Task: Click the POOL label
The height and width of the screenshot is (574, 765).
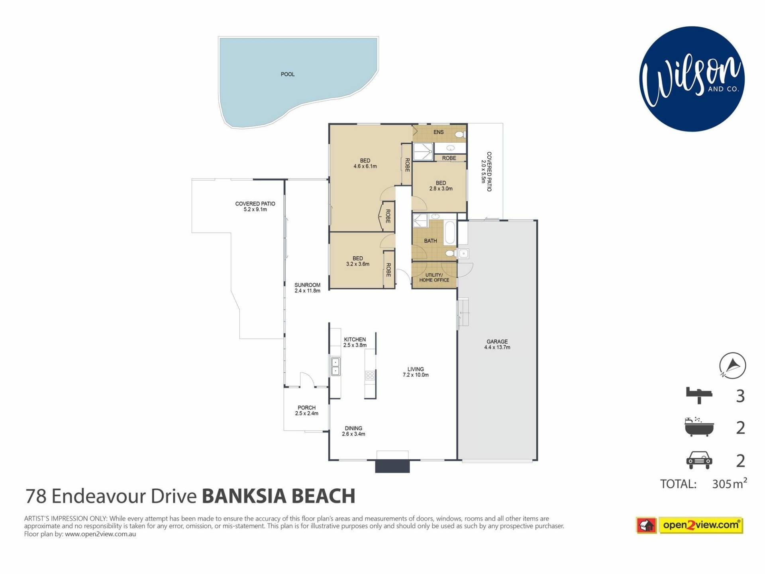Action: tap(288, 74)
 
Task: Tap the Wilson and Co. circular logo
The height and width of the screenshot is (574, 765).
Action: tap(692, 79)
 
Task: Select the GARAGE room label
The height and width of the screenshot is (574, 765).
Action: tap(497, 342)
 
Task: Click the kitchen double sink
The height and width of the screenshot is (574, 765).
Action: tap(335, 367)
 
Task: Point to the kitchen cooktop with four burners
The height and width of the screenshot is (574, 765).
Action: tap(370, 375)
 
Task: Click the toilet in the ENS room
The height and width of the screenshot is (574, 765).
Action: tap(461, 134)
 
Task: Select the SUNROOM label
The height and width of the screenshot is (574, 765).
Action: tap(307, 285)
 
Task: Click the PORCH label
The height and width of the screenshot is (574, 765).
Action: tap(306, 408)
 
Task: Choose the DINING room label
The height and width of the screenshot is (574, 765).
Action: tap(353, 429)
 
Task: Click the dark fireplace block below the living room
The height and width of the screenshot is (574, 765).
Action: tap(392, 466)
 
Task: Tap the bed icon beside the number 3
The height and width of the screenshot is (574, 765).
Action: tap(699, 395)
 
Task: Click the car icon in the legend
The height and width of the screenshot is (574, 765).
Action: tap(699, 460)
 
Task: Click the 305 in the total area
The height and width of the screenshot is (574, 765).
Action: tap(722, 484)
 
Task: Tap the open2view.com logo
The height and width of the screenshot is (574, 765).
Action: tap(690, 525)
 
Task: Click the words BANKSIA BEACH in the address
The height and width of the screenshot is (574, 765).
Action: tap(279, 496)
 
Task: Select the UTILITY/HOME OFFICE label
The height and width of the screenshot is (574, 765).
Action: tap(434, 277)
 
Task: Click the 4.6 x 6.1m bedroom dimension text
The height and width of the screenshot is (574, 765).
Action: tap(365, 166)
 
